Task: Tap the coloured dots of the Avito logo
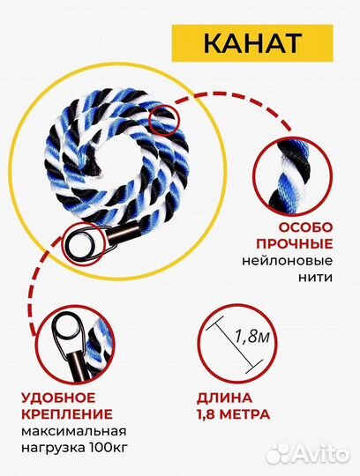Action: (x=280, y=453)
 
